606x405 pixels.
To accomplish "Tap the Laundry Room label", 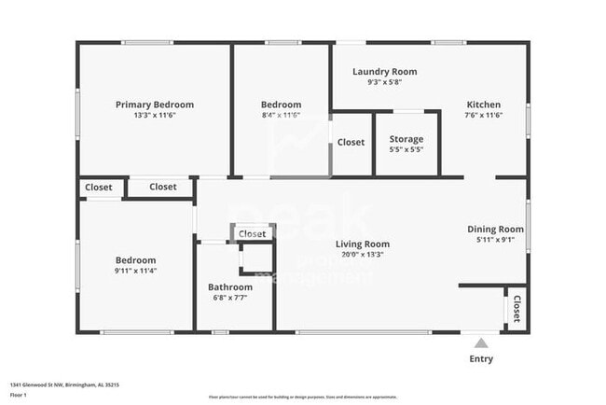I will [x=385, y=72].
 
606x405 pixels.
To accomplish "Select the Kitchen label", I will [x=484, y=105].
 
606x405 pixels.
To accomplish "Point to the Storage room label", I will [x=406, y=139].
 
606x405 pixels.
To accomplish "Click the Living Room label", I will [x=363, y=244].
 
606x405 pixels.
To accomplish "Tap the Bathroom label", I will [x=230, y=287].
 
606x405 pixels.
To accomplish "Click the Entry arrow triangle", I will [x=481, y=342].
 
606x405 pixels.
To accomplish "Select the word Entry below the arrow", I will [x=481, y=359].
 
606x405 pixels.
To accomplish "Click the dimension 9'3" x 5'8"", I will [x=385, y=82].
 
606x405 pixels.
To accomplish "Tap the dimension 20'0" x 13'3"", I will [x=363, y=255].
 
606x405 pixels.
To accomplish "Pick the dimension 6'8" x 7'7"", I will [x=230, y=298].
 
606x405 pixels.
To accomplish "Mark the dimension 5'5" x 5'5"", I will [x=406, y=149].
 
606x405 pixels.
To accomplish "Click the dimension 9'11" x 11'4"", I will [x=136, y=271].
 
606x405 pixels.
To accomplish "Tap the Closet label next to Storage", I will [x=351, y=143].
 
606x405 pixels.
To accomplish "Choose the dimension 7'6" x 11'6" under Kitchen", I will [x=484, y=115].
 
